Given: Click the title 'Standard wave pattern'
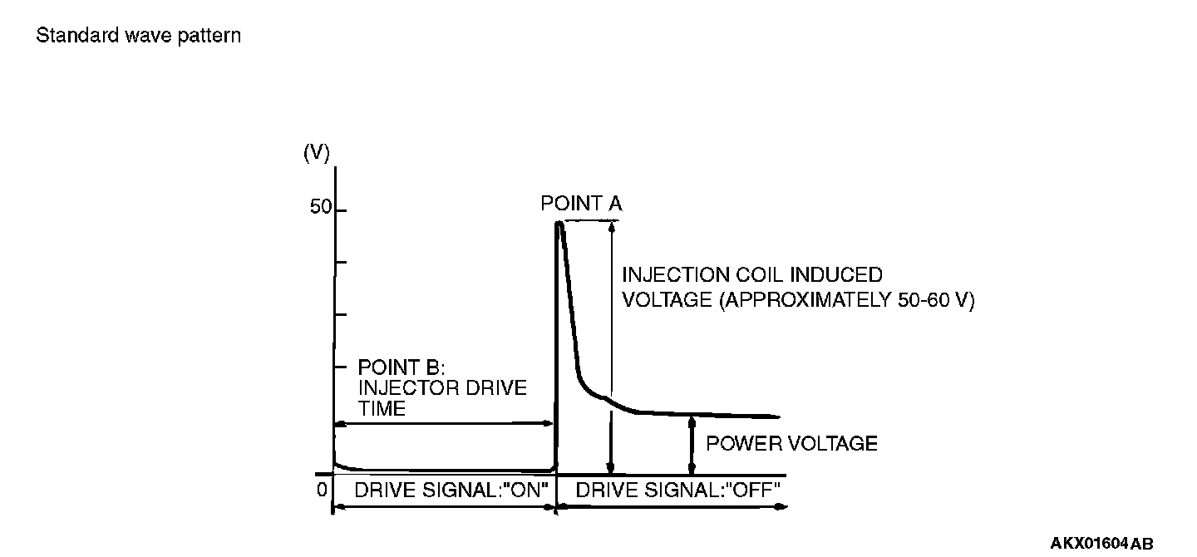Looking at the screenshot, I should click(139, 37).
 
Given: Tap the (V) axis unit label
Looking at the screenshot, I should click(317, 153).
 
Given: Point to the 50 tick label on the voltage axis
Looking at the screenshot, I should click(320, 208).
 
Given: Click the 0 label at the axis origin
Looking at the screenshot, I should click(322, 490).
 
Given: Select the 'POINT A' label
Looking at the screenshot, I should click(581, 204).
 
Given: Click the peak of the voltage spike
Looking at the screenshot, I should click(559, 223).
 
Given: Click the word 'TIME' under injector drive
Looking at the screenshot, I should click(382, 408).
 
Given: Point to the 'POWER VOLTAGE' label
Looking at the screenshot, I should click(791, 444).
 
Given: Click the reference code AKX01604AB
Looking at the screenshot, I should click(1101, 544).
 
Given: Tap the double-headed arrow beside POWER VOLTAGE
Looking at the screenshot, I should click(691, 446).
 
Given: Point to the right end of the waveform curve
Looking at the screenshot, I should click(778, 417).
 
